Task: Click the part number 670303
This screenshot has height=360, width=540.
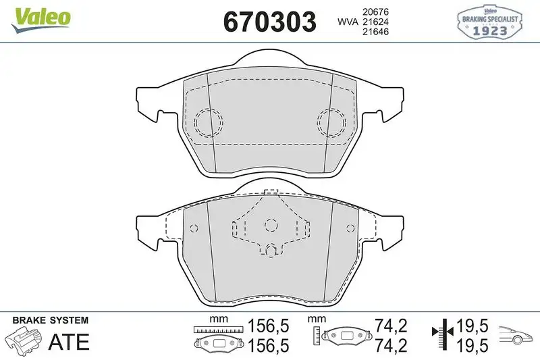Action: pos(269,22)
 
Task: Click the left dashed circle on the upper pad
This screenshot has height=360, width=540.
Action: pos(208,122)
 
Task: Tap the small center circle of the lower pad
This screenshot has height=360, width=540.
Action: pos(270,225)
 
